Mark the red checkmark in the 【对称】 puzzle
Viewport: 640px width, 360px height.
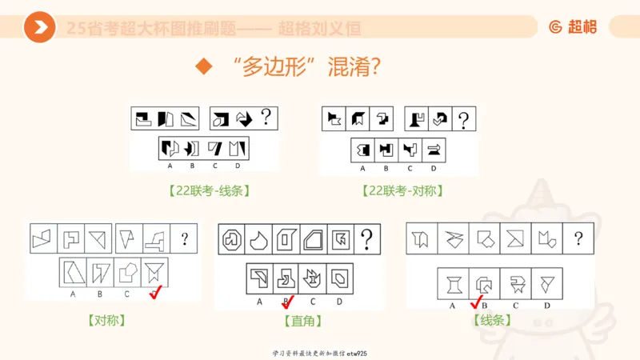click(x=158, y=294)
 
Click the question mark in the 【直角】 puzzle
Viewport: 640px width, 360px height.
click(x=366, y=238)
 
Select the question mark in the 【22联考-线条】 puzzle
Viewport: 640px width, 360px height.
click(x=266, y=118)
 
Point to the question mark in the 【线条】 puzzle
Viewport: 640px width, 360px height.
click(x=578, y=238)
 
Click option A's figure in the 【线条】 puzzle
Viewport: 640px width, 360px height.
click(x=453, y=283)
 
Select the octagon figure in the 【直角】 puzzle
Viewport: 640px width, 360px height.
click(x=233, y=238)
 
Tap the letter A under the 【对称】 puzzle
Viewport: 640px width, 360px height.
click(x=73, y=294)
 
